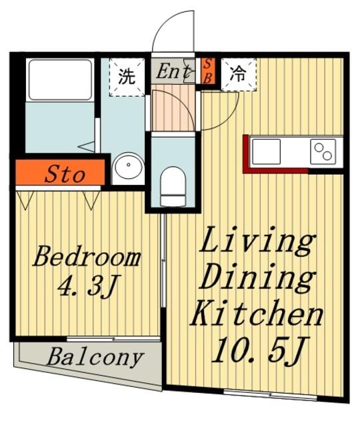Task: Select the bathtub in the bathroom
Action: click(60, 80)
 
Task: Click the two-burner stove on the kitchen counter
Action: click(323, 151)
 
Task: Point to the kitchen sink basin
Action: click(266, 151)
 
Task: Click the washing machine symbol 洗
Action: click(127, 77)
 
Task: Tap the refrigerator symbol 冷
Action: click(239, 74)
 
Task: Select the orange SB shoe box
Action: click(208, 71)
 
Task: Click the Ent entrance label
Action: click(173, 72)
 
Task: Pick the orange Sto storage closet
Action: click(60, 172)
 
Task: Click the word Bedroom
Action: click(87, 257)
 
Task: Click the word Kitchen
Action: click(257, 314)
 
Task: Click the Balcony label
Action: click(95, 358)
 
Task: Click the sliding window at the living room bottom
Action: click(270, 394)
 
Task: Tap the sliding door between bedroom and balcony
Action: click(113, 339)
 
